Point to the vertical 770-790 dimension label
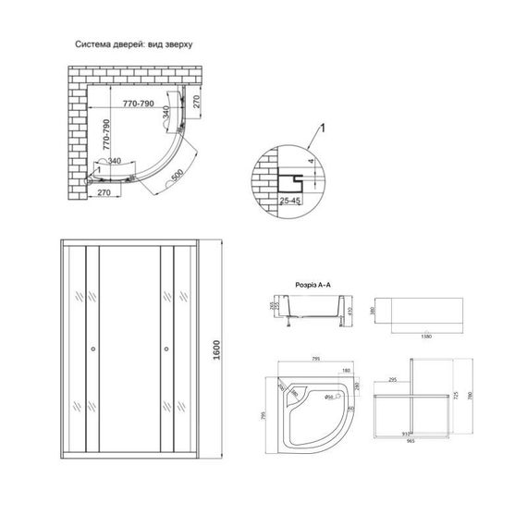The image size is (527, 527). point(109,133)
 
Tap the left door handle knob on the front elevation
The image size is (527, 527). point(92,349)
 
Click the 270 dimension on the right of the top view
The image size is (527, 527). point(196,103)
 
